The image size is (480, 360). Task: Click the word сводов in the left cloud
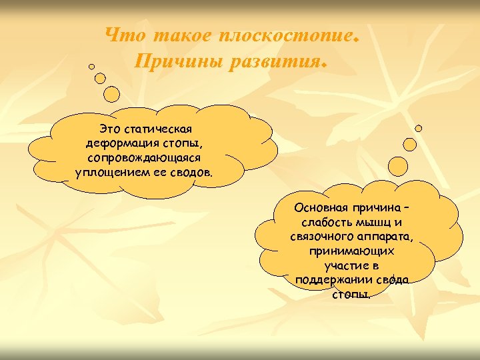[x=192, y=173]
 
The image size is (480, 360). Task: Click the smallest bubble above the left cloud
[x=92, y=67]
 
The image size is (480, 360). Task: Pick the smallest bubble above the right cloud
[x=419, y=128]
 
